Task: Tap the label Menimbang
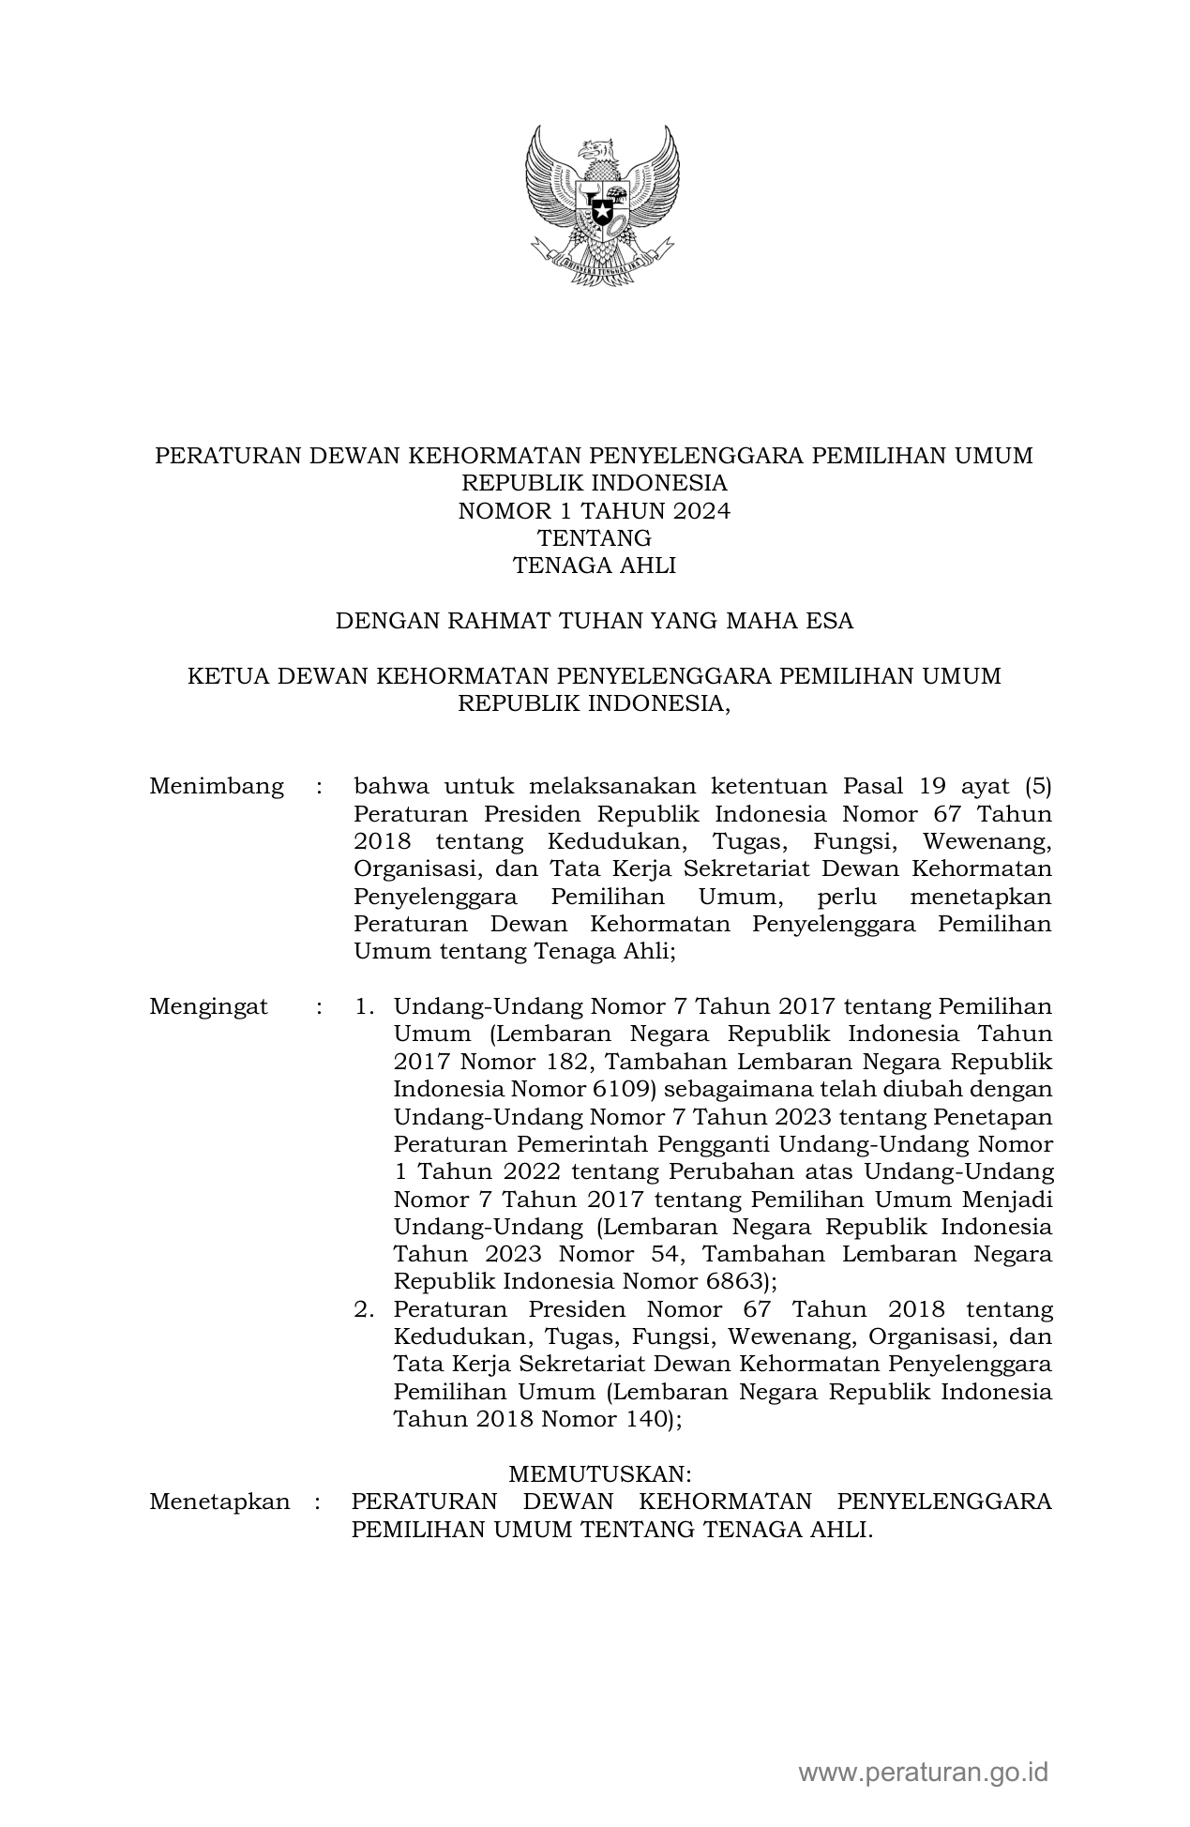point(217,786)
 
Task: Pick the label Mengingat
point(208,1007)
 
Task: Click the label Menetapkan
point(219,1502)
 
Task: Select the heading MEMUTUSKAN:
point(600,1474)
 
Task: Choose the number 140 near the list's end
point(645,1419)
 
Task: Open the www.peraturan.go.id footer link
point(923,1772)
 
